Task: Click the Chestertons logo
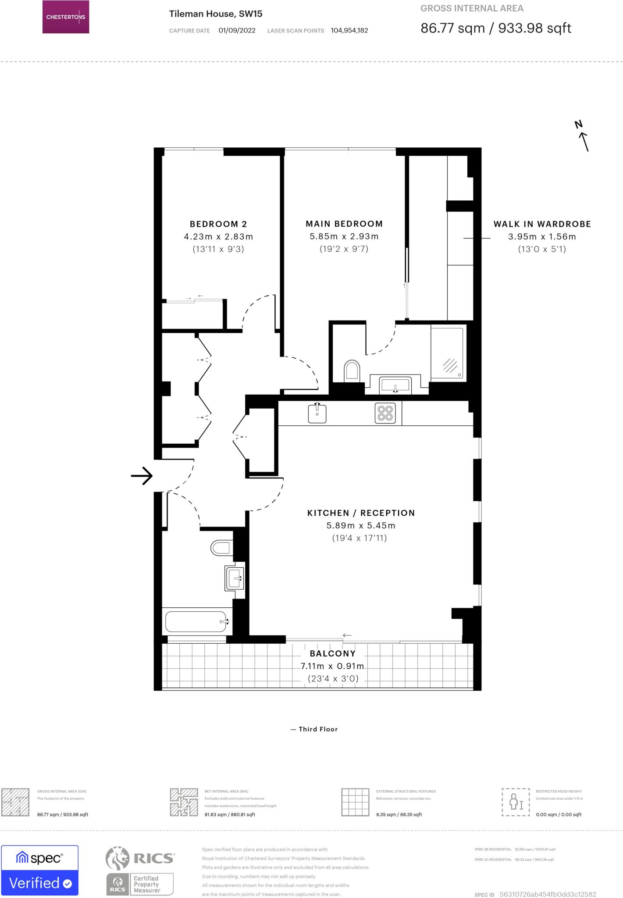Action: click(x=66, y=17)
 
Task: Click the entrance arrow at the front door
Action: click(x=142, y=475)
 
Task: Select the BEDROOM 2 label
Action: click(x=218, y=224)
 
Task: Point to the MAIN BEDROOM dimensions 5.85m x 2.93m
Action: click(x=344, y=236)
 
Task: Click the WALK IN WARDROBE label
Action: click(x=542, y=224)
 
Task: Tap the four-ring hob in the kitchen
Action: click(x=385, y=413)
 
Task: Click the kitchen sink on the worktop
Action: click(x=317, y=413)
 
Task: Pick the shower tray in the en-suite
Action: click(x=447, y=353)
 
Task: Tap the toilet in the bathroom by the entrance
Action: click(x=221, y=548)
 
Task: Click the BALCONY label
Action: click(x=332, y=653)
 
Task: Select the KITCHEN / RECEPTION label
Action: click(x=361, y=513)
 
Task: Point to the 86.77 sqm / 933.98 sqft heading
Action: click(x=495, y=28)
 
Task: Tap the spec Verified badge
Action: click(x=40, y=870)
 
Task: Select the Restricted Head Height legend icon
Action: click(x=516, y=802)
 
